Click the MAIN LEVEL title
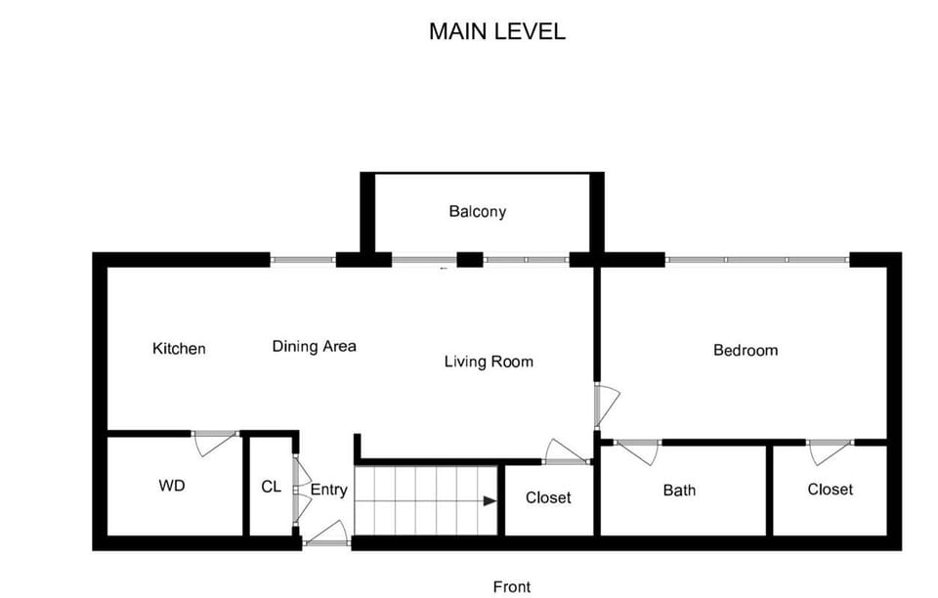496,31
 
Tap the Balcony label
477,211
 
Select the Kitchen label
179,349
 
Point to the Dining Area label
314,346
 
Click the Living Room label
489,362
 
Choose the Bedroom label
746,350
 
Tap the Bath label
679,490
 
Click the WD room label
172,486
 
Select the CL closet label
271,486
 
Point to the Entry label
328,490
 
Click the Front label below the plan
512,586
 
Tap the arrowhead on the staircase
489,501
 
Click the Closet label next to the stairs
548,497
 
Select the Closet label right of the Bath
830,490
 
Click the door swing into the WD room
214,443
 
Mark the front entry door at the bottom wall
327,534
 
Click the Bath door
637,451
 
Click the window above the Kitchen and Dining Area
303,260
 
